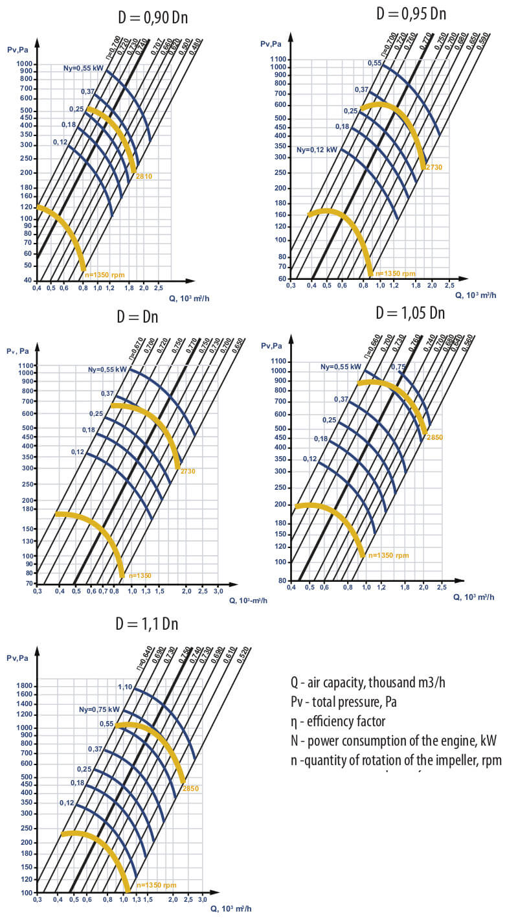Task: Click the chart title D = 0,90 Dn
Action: click(153, 17)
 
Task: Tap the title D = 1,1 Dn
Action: click(146, 624)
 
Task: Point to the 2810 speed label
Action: click(144, 176)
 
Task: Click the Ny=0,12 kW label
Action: click(317, 150)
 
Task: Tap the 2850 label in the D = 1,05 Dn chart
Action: click(434, 437)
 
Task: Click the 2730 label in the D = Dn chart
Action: click(187, 471)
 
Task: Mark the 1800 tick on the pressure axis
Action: click(23, 686)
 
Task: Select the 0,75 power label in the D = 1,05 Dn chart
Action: click(398, 367)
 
